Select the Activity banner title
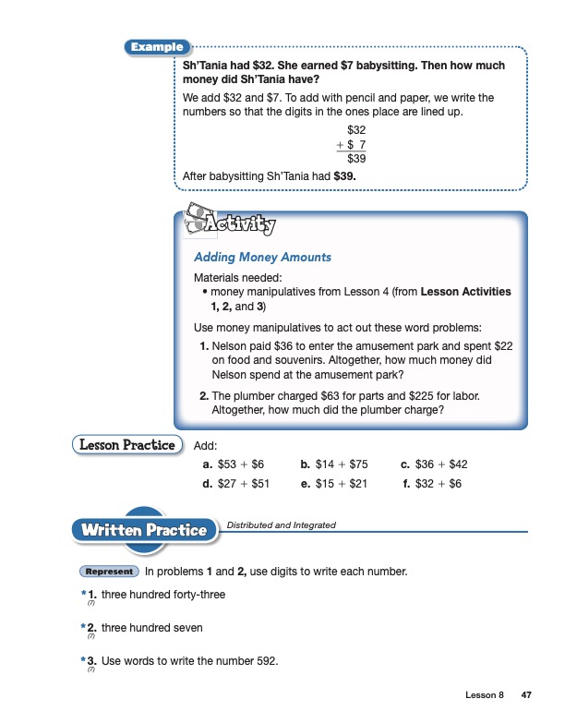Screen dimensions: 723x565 point(243,223)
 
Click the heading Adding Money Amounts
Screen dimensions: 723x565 point(262,257)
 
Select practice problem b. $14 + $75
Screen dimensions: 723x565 point(334,464)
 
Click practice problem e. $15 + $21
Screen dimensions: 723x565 point(334,483)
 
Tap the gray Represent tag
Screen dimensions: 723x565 point(110,572)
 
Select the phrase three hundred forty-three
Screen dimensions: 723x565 point(162,595)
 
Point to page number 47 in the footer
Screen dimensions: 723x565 point(527,694)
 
